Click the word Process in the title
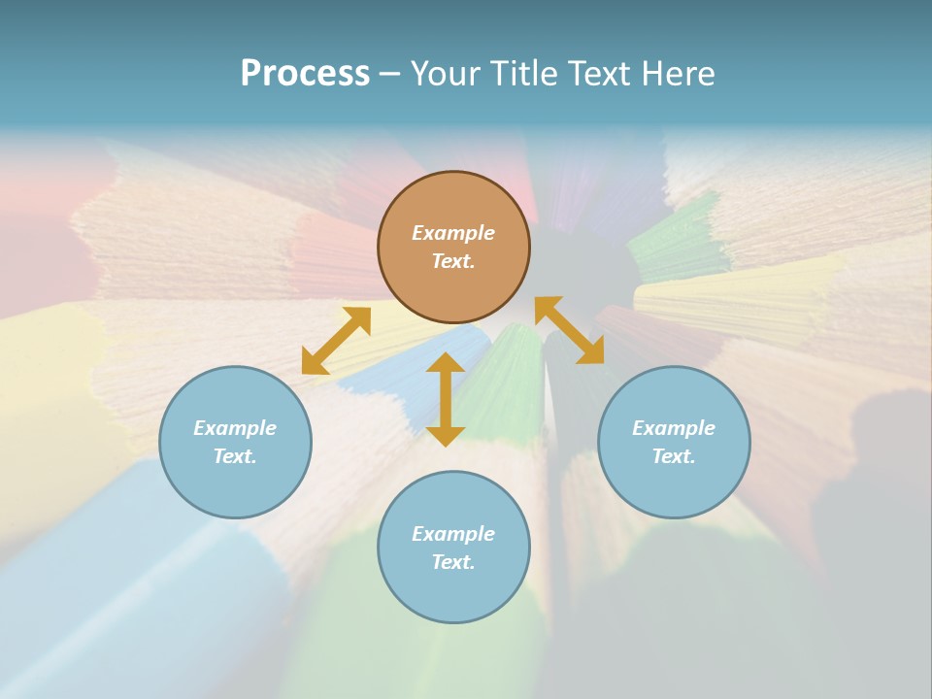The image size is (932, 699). pos(305,74)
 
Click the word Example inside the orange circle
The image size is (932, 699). pos(453,233)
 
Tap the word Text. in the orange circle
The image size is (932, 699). pos(453,261)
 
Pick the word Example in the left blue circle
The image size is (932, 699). pos(235,428)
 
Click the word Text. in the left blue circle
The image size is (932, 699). pos(235,456)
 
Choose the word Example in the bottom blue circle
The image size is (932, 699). pos(453,534)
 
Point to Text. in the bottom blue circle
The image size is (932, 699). pos(453,562)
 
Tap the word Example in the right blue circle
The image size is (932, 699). pos(674,428)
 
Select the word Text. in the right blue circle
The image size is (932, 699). pos(674,456)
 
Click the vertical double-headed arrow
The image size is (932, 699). pos(446,399)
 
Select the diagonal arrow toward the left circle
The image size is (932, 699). pos(336,341)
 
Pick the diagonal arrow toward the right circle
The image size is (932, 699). pos(570,330)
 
